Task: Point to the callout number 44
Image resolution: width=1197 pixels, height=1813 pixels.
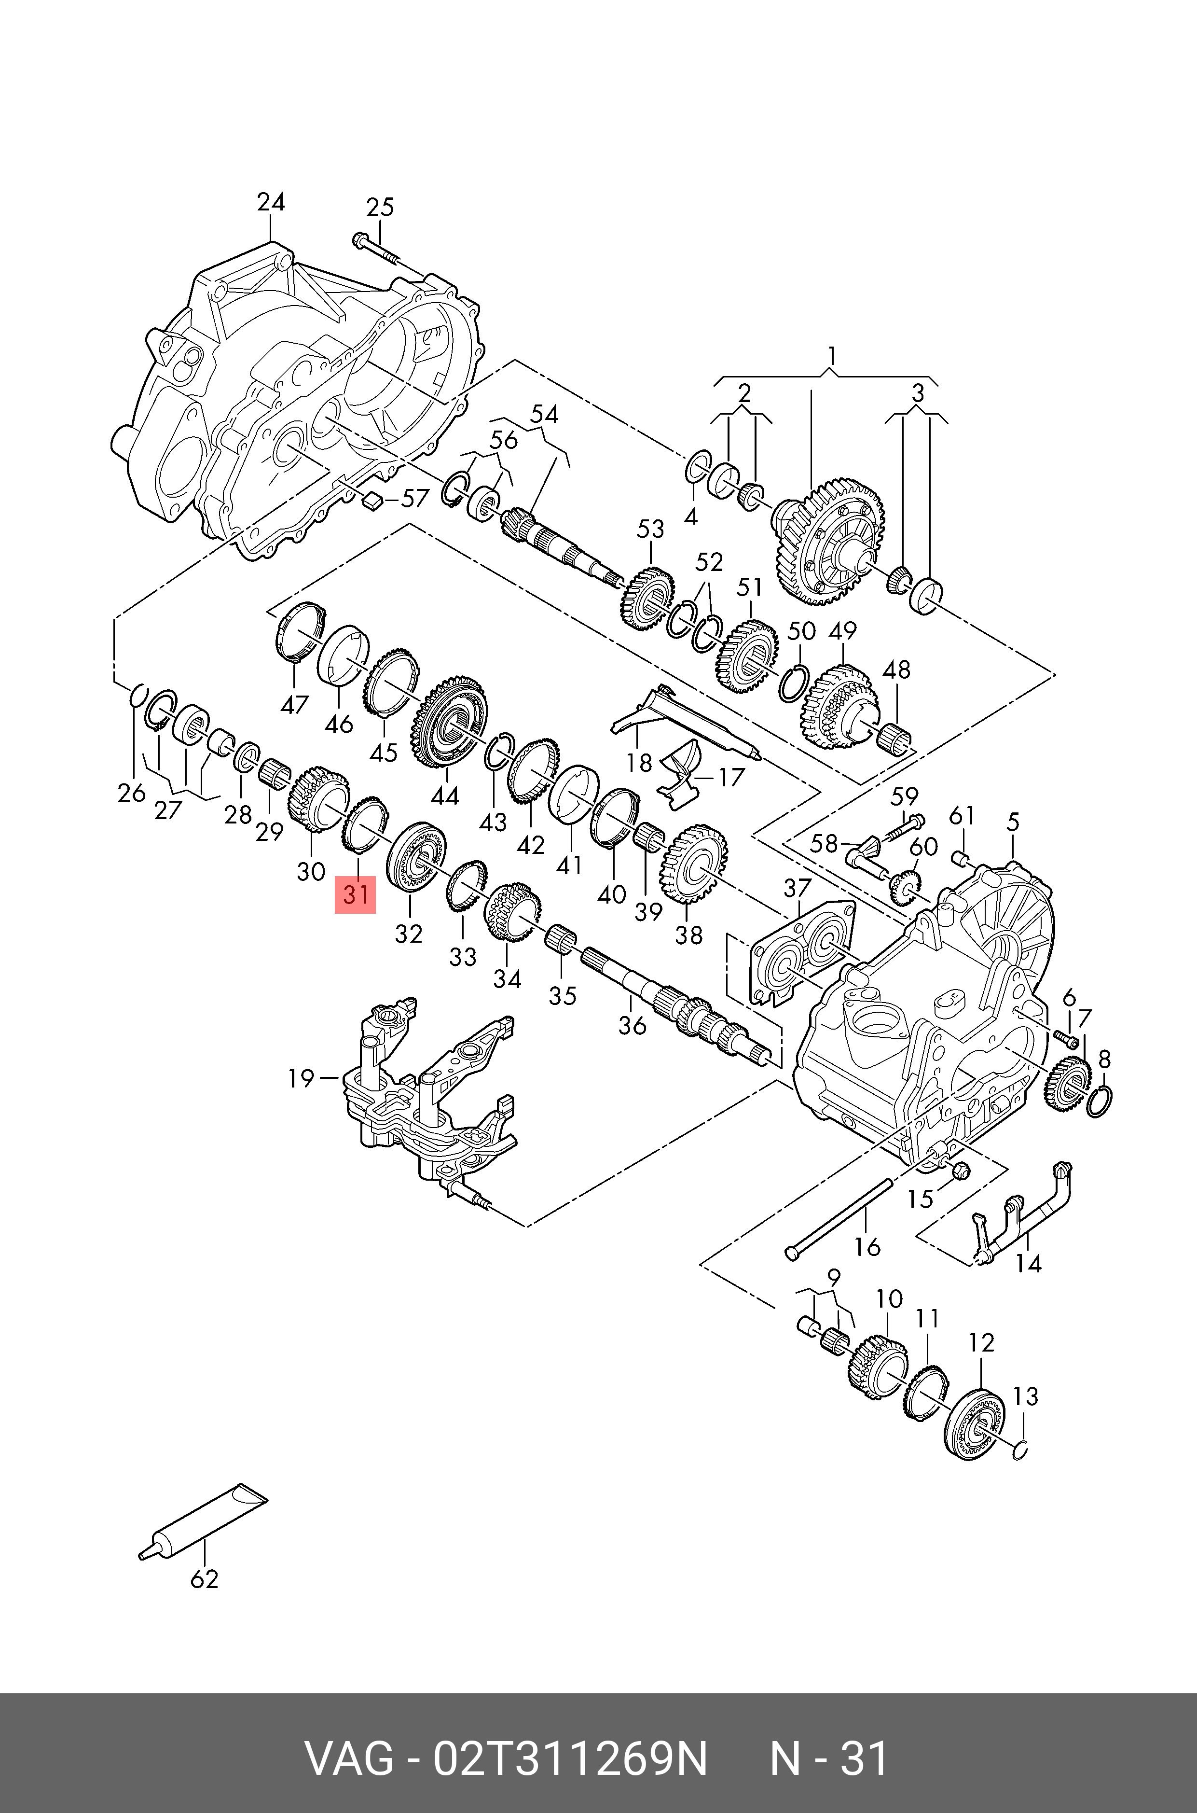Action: [444, 796]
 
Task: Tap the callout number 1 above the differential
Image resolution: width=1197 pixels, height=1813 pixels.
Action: [831, 356]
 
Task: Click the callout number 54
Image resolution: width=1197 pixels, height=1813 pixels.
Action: [544, 415]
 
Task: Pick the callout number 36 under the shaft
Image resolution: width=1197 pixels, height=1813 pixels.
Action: [632, 1025]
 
